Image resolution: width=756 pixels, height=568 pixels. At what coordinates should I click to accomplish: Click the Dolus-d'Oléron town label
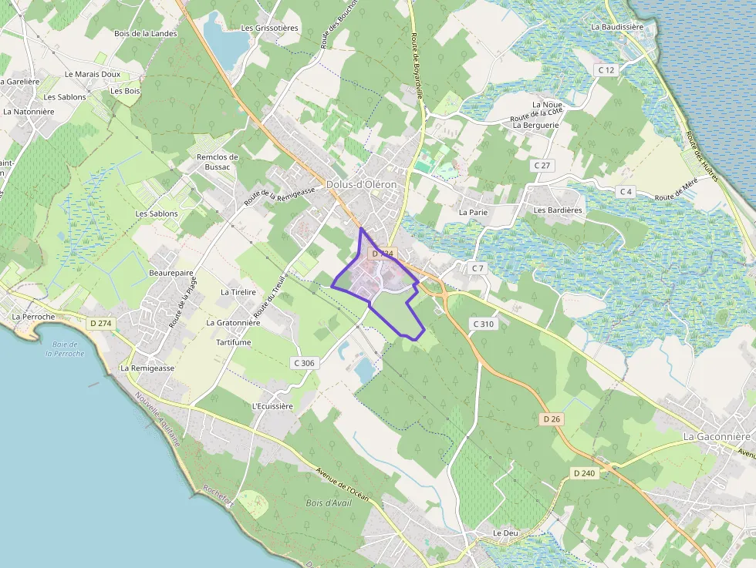(361, 185)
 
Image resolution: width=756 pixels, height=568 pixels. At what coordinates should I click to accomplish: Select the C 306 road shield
(304, 362)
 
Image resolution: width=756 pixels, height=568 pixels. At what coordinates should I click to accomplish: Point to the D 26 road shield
(550, 418)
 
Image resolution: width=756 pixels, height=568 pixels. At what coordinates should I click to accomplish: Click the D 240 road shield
(584, 472)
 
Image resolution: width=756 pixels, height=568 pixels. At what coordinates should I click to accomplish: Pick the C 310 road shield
(483, 324)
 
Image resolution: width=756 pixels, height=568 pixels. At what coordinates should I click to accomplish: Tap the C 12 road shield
(606, 70)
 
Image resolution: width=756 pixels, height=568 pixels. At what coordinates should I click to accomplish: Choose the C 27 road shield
(544, 166)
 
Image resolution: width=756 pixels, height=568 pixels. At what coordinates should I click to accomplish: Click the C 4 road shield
(625, 191)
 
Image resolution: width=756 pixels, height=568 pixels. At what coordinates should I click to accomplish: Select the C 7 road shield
(478, 268)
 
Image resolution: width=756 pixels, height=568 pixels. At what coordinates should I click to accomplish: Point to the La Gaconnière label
(716, 436)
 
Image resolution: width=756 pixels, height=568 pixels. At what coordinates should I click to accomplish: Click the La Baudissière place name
(616, 26)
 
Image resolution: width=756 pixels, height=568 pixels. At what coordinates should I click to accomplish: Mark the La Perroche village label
(33, 316)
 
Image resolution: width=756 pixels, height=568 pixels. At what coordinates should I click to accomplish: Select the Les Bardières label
(558, 210)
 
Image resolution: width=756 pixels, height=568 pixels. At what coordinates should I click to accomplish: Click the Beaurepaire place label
(171, 273)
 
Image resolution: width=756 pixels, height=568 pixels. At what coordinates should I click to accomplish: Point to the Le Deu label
(506, 533)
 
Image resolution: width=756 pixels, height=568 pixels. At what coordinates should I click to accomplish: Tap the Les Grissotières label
(269, 28)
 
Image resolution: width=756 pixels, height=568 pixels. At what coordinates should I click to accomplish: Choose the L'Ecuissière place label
(272, 406)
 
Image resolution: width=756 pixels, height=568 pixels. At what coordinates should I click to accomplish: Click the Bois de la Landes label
(145, 33)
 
